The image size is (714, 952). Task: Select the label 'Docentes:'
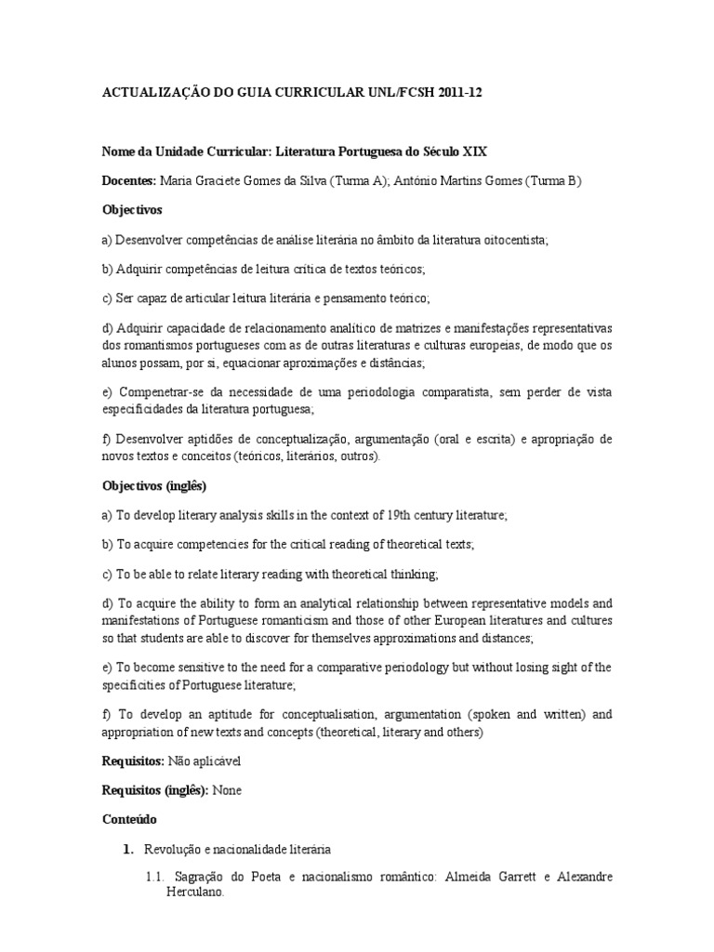[x=129, y=180]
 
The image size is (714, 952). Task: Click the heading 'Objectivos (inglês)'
[x=154, y=485]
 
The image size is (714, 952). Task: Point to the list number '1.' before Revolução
[x=129, y=849]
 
